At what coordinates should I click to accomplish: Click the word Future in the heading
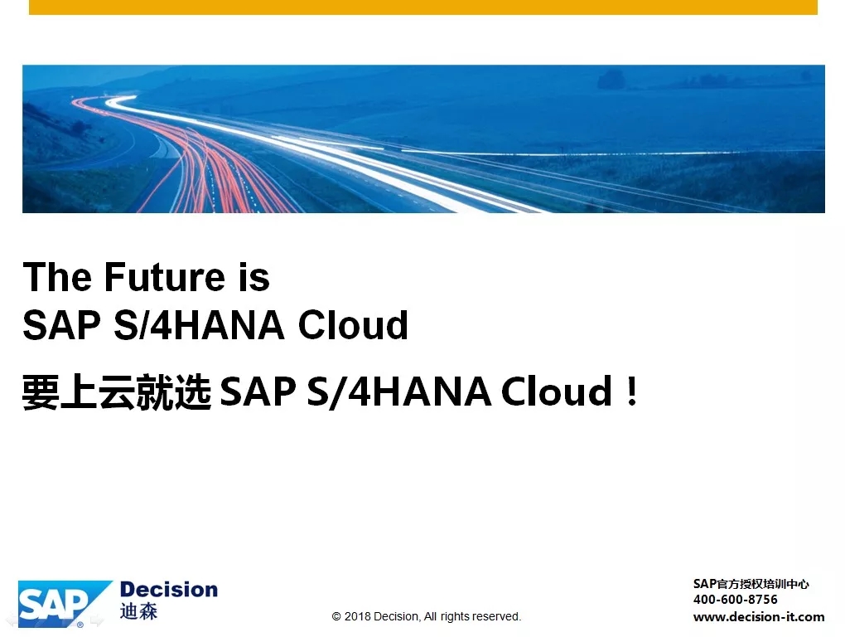(164, 277)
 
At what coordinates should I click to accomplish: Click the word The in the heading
(57, 277)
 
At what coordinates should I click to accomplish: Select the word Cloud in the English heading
(353, 325)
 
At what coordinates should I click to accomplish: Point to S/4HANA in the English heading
(199, 325)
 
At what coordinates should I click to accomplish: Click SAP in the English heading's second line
(61, 325)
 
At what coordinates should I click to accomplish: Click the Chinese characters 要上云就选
(117, 392)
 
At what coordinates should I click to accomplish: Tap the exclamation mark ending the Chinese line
(633, 391)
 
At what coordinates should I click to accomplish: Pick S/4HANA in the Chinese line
(398, 392)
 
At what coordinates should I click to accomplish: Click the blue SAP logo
(65, 604)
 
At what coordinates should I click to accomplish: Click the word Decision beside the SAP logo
(169, 590)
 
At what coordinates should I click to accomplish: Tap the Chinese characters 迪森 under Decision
(138, 611)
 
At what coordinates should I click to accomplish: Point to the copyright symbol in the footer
(336, 616)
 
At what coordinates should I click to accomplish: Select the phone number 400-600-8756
(735, 599)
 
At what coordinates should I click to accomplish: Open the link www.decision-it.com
(759, 616)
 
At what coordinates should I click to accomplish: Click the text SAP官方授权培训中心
(751, 584)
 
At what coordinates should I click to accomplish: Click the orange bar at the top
(423, 7)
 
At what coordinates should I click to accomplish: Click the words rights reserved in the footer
(480, 616)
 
